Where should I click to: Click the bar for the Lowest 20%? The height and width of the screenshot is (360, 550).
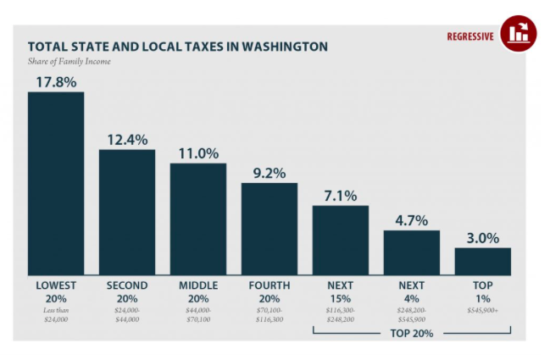point(56,182)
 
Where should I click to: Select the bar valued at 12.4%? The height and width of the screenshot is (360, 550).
point(127,212)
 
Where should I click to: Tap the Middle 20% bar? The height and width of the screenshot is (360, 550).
point(198,219)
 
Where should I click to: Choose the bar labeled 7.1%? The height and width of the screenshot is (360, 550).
point(341,240)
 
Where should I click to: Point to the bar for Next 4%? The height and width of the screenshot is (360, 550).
point(412,252)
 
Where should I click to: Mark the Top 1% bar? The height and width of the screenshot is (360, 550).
point(482,261)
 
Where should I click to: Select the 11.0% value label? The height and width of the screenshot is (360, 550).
point(198,153)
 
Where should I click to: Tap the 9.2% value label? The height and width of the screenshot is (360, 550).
point(269,173)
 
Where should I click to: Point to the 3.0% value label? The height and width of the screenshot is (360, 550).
point(482,237)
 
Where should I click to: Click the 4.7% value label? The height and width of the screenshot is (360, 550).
point(412,220)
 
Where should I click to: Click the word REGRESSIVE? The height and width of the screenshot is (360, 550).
point(470,36)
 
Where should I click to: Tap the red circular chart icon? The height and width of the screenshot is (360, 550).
point(518,34)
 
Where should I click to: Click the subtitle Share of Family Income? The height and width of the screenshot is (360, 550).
point(69,61)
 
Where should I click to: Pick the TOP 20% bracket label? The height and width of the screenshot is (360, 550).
point(412,333)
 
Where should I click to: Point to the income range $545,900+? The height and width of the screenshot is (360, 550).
point(482,311)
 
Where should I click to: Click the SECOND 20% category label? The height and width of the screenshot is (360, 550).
point(127,292)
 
